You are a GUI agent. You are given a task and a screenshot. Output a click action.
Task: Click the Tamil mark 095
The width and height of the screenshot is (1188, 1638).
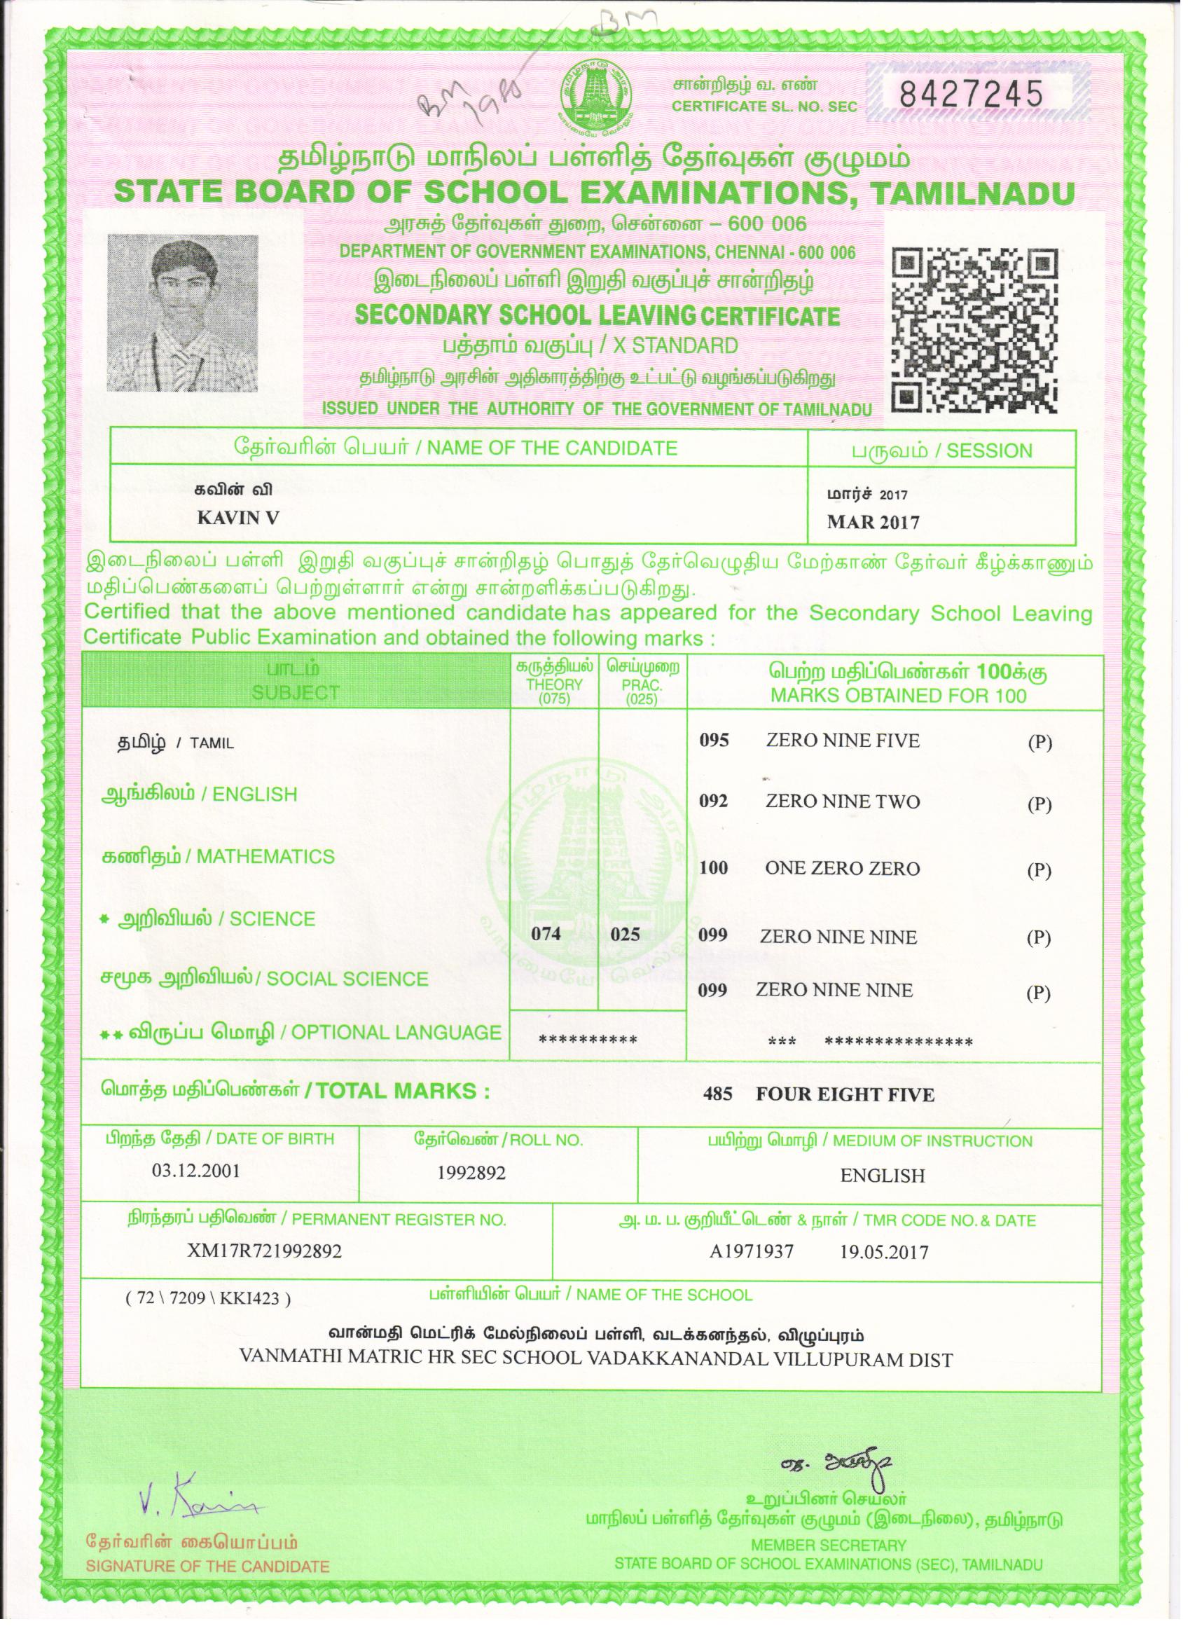714,741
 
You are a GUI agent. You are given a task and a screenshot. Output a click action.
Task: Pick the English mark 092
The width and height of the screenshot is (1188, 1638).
714,801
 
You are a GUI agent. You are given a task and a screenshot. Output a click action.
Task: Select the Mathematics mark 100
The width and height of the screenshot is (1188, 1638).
714,867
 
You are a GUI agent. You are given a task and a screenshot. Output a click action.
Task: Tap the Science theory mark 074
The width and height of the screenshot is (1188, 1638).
546,934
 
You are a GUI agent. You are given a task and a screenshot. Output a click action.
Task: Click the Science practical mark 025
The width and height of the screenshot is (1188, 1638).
625,934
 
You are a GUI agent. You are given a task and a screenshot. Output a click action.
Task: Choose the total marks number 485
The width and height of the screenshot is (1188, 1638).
717,1094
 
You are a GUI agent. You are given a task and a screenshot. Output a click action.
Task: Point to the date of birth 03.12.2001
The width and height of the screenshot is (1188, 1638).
195,1170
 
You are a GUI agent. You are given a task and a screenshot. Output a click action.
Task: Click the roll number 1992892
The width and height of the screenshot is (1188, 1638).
471,1174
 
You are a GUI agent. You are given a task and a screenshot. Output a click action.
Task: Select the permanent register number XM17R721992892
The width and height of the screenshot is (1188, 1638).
264,1251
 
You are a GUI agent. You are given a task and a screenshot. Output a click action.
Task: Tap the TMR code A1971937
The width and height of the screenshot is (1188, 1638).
751,1251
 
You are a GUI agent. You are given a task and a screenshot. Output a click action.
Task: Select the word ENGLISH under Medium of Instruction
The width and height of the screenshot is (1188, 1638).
882,1175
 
